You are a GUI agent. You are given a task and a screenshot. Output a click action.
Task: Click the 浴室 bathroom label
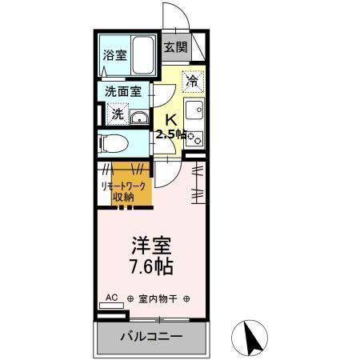coord(114,55)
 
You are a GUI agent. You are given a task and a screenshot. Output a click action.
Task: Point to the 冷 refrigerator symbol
coord(192,79)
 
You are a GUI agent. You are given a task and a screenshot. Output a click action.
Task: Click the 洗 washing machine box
coord(117,114)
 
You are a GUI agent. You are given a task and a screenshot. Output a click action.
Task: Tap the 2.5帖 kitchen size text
coord(171,134)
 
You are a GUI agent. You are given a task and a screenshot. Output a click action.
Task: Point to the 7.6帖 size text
coord(149,266)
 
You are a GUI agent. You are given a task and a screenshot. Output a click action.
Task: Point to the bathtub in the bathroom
coord(143,54)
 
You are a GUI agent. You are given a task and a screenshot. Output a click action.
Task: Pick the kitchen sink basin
coord(194,110)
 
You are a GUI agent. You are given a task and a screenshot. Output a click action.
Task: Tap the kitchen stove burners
coord(194,135)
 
